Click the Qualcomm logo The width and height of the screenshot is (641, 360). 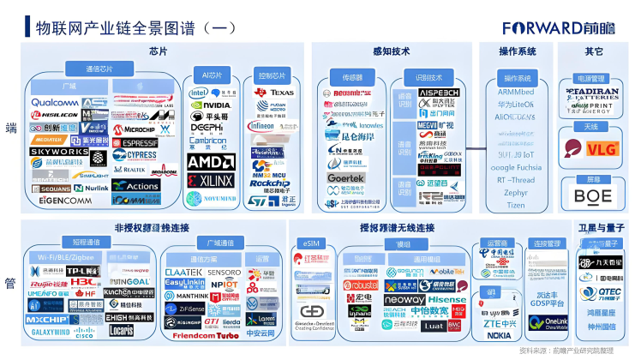[x=54, y=102]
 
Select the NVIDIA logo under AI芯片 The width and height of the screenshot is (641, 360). [x=210, y=105]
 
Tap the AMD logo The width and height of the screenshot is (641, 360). [x=210, y=161]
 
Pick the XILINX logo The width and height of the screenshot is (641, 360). [x=210, y=180]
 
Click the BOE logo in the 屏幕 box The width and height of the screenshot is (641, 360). [x=593, y=195]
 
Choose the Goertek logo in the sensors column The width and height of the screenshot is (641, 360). [x=346, y=178]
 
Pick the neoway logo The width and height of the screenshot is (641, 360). [x=404, y=300]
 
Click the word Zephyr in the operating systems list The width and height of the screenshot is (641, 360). [x=516, y=193]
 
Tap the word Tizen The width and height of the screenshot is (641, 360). [x=516, y=205]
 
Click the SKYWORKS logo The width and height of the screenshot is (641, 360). [x=58, y=152]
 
